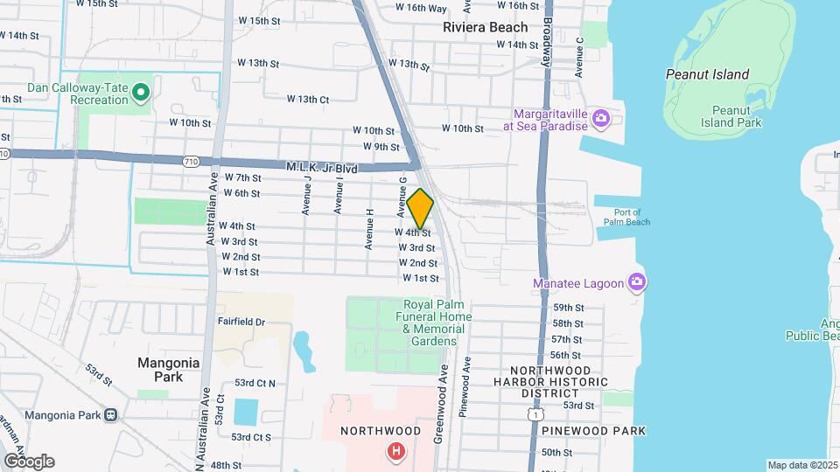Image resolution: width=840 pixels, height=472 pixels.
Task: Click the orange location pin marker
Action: coord(421,209)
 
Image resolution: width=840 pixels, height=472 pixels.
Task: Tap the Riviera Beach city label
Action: coord(485,27)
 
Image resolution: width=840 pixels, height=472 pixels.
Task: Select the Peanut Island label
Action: coord(707,74)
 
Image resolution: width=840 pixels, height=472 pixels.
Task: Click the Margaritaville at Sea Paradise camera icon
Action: coord(600,118)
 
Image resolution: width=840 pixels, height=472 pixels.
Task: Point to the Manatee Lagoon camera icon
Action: coord(637,283)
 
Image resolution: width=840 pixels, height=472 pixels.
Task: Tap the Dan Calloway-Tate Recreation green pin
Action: coord(140,91)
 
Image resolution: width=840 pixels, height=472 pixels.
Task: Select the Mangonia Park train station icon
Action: coord(110,414)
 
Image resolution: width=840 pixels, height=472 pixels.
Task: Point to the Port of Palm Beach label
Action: coord(627,217)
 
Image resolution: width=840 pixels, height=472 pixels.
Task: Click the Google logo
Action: coord(28,461)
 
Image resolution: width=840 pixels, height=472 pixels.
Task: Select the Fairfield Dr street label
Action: coord(241,322)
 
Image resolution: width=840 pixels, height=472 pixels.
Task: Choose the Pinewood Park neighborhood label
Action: coord(593,431)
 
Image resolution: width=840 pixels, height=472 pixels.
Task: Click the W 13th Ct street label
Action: coord(308,99)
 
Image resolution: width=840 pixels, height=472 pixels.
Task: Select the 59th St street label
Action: coord(567,308)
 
